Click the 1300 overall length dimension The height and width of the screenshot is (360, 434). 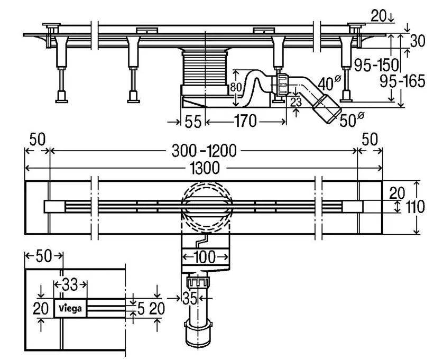pyautogui.click(x=205, y=168)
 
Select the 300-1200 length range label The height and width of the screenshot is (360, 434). pyautogui.click(x=204, y=151)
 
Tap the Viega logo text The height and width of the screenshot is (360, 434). pyautogui.click(x=70, y=308)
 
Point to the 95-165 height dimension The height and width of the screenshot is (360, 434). pyautogui.click(x=402, y=81)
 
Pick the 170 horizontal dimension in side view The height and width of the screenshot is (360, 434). pyautogui.click(x=245, y=121)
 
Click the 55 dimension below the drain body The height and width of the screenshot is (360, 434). pyautogui.click(x=192, y=122)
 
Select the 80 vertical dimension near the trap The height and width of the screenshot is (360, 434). pyautogui.click(x=236, y=87)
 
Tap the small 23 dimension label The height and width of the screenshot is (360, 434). pyautogui.click(x=296, y=103)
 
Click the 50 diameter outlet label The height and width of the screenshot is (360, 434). pyautogui.click(x=352, y=119)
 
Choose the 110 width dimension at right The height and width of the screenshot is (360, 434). pyautogui.click(x=415, y=207)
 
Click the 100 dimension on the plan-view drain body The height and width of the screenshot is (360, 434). pyautogui.click(x=205, y=257)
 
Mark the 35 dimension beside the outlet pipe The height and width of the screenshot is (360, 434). pyautogui.click(x=190, y=298)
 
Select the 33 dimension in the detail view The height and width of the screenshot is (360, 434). pyautogui.click(x=70, y=285)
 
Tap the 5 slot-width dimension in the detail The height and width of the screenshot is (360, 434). pyautogui.click(x=141, y=309)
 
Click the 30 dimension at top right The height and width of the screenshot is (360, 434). pyautogui.click(x=418, y=41)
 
